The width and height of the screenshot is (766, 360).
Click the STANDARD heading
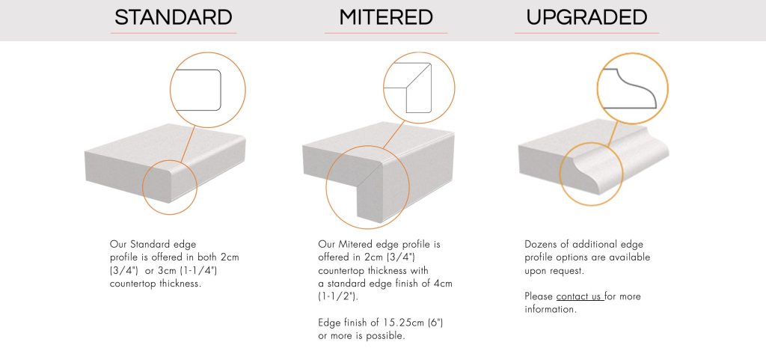coord(174,17)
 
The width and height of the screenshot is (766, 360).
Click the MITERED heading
coord(385,17)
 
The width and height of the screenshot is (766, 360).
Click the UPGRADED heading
coord(586,17)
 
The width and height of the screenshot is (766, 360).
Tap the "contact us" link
coord(579,296)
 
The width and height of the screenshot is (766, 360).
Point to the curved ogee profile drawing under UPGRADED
coord(633,88)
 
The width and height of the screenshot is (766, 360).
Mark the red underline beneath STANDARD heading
coord(174,33)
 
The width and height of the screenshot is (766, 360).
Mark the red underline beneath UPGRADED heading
coord(586,33)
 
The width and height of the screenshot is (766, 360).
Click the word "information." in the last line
coord(551,309)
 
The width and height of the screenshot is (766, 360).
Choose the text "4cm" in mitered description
coord(443,283)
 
